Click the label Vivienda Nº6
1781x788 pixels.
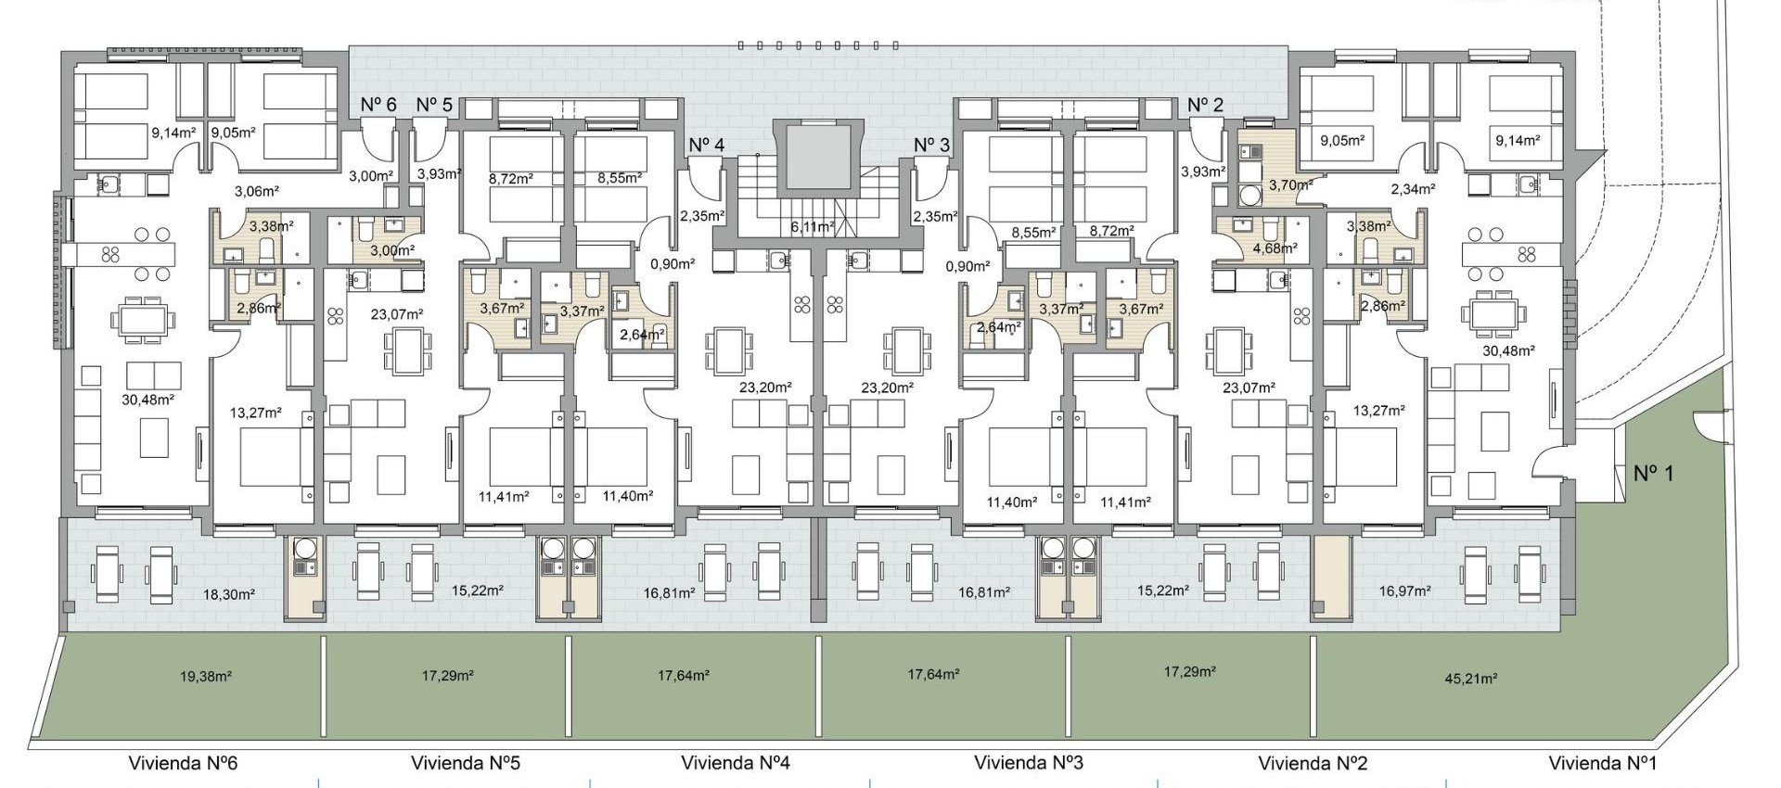183,763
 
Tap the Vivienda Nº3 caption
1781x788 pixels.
1028,763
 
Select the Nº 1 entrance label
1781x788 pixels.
1653,474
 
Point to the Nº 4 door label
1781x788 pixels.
706,145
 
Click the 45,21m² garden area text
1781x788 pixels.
1470,679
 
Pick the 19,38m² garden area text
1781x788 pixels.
206,677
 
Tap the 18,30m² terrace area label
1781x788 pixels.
229,595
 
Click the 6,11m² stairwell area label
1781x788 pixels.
812,226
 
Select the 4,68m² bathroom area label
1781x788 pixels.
1275,248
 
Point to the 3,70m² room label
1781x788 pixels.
1289,184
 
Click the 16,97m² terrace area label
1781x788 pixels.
1404,591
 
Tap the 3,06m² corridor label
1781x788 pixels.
257,192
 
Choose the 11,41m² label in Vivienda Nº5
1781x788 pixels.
504,497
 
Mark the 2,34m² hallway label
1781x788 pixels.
1413,189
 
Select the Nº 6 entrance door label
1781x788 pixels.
378,105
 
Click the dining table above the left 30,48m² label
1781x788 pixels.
142,321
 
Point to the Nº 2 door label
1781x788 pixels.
1205,105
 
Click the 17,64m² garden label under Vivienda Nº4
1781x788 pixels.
684,676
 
